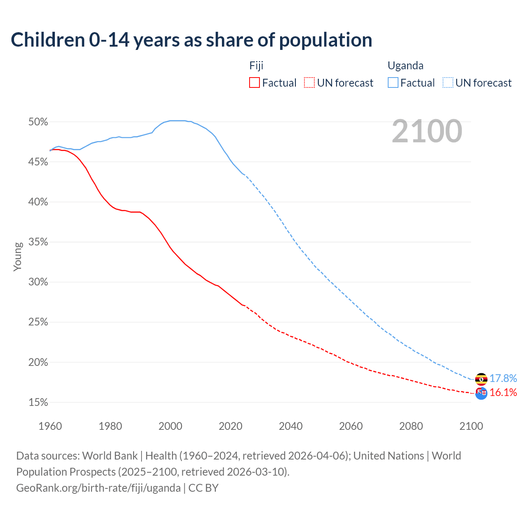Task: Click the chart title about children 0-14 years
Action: coord(191,40)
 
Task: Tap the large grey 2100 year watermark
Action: coord(427,131)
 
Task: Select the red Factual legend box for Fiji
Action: coord(255,83)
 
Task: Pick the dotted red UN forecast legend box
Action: coord(309,83)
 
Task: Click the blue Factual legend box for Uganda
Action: coord(393,83)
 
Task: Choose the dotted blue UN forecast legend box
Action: coord(448,83)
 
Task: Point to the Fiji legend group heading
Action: coord(256,66)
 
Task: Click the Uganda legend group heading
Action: coord(405,66)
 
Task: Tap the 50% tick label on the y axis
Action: coord(38,122)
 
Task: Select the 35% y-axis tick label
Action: coord(38,242)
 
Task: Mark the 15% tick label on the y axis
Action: coord(38,402)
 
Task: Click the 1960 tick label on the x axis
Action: coord(50,426)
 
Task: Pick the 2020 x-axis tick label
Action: coord(231,426)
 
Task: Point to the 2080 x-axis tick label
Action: coord(411,426)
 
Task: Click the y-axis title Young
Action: coord(18,257)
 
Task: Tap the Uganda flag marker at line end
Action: coord(481,379)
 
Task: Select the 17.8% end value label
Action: coord(503,378)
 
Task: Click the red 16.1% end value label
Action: coord(503,392)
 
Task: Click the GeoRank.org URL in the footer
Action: coord(98,488)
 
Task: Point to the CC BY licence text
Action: coord(203,488)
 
